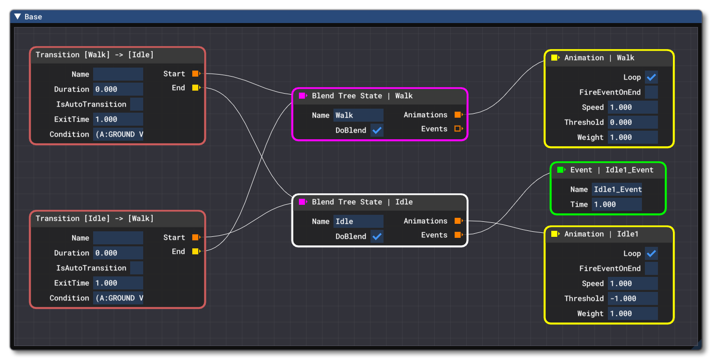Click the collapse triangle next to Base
[18, 17]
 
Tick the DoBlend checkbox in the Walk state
[377, 130]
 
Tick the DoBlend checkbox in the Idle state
[377, 236]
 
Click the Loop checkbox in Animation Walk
[651, 78]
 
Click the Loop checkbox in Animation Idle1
[651, 254]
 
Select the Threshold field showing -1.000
[632, 298]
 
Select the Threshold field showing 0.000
[632, 122]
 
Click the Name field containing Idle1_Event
[617, 189]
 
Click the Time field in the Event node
[616, 204]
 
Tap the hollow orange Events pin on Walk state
[458, 129]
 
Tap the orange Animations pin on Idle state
[458, 221]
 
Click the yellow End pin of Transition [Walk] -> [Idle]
[195, 88]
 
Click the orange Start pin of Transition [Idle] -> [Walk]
[195, 237]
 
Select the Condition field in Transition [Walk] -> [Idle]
[118, 134]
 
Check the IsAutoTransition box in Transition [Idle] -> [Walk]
[136, 268]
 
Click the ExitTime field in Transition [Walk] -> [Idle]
[118, 119]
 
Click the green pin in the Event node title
[561, 170]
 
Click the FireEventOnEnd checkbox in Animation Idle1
[651, 268]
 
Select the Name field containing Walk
[358, 115]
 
